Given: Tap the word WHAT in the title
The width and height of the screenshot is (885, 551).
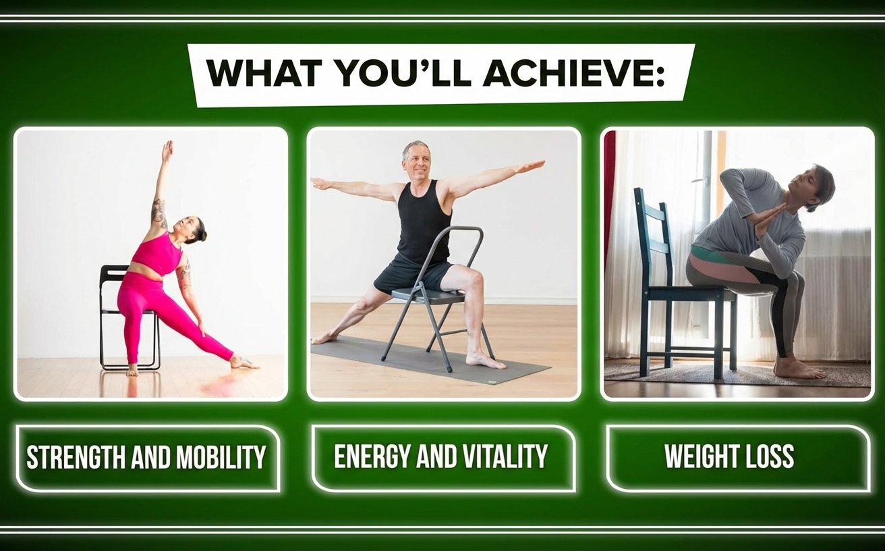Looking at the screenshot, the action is click(x=263, y=74).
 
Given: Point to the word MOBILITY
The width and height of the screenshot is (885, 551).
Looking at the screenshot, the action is click(x=221, y=457).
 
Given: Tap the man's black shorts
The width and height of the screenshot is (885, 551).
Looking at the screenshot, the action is click(x=413, y=273).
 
